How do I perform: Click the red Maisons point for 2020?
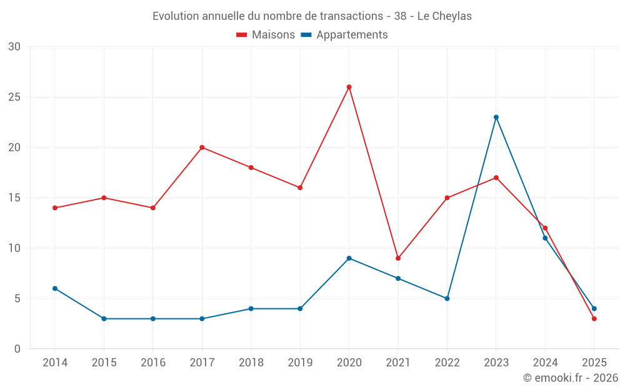tap(349, 87)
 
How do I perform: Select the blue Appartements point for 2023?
tap(496, 117)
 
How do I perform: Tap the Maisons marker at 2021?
tap(398, 258)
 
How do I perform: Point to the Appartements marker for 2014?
tap(55, 288)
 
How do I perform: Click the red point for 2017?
tap(202, 148)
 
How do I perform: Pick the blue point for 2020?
tap(349, 258)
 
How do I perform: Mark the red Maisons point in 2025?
tap(594, 318)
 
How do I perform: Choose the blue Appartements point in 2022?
tap(447, 298)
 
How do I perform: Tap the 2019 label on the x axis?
tap(300, 363)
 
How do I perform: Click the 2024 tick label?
tap(545, 363)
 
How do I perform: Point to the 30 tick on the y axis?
tap(14, 47)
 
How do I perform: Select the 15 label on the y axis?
tap(14, 198)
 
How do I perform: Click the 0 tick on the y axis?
tap(17, 349)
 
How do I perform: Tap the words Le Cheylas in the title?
tap(444, 16)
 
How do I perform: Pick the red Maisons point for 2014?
tap(55, 208)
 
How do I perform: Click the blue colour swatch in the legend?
tap(306, 35)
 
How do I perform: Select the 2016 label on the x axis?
tap(153, 363)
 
